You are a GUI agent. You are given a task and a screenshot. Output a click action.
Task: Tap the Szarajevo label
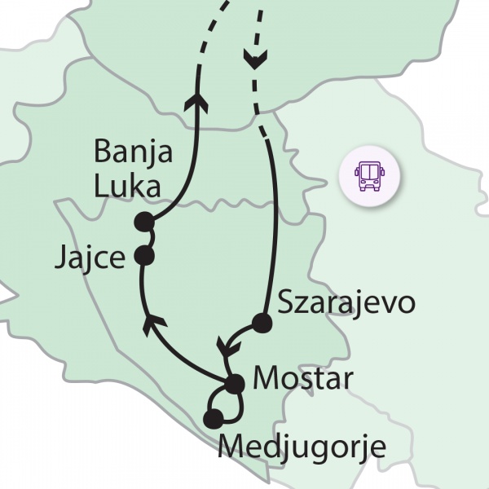346,302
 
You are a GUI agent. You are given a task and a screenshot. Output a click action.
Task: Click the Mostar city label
302,379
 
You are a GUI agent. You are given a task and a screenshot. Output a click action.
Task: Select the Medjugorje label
302,447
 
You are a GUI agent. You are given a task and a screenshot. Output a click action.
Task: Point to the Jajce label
90,258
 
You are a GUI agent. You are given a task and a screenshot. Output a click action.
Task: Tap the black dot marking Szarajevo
261,324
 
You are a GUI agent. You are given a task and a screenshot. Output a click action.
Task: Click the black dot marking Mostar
235,383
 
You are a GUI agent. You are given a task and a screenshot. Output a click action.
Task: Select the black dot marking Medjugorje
214,420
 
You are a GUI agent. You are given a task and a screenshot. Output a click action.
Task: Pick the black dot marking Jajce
144,256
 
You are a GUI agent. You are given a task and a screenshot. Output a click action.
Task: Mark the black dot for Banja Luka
145,222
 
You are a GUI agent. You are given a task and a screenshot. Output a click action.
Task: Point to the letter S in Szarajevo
286,302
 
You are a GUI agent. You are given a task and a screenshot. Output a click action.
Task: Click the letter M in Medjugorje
233,447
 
